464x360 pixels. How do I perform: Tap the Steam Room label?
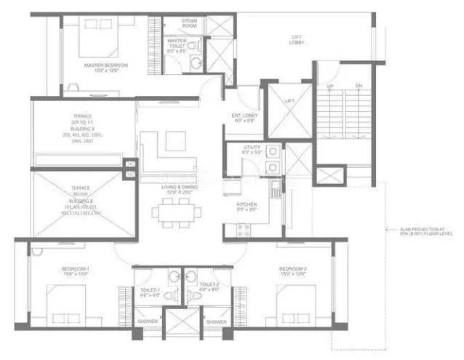pyautogui.click(x=189, y=23)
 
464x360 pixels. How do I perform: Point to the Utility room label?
pyautogui.click(x=242, y=151)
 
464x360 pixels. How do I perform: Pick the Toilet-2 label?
pyautogui.click(x=209, y=287)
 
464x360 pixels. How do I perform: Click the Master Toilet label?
pyautogui.click(x=177, y=45)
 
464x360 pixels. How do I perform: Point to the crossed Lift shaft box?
pyautogui.click(x=290, y=111)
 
